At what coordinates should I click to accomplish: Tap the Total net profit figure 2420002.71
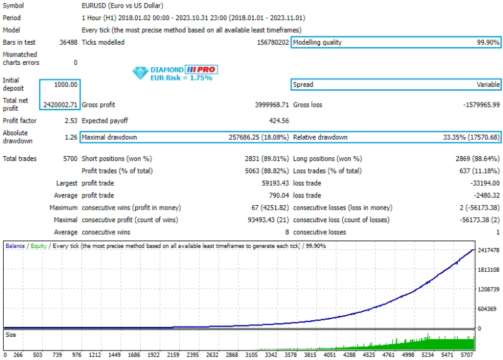tap(60, 104)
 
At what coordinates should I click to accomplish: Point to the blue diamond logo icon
tap(139, 74)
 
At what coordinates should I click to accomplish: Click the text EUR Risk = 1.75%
tap(181, 78)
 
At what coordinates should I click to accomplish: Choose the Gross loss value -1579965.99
tap(475, 104)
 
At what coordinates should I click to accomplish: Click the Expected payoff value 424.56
tap(279, 121)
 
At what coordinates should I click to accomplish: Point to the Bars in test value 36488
tap(68, 43)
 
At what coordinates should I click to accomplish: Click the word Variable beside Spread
tap(488, 84)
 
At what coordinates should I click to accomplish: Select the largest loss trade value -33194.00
tap(482, 183)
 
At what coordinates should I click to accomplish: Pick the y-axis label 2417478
tap(489, 251)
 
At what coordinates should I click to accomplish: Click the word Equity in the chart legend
tap(38, 246)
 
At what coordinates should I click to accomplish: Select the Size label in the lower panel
tap(11, 335)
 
